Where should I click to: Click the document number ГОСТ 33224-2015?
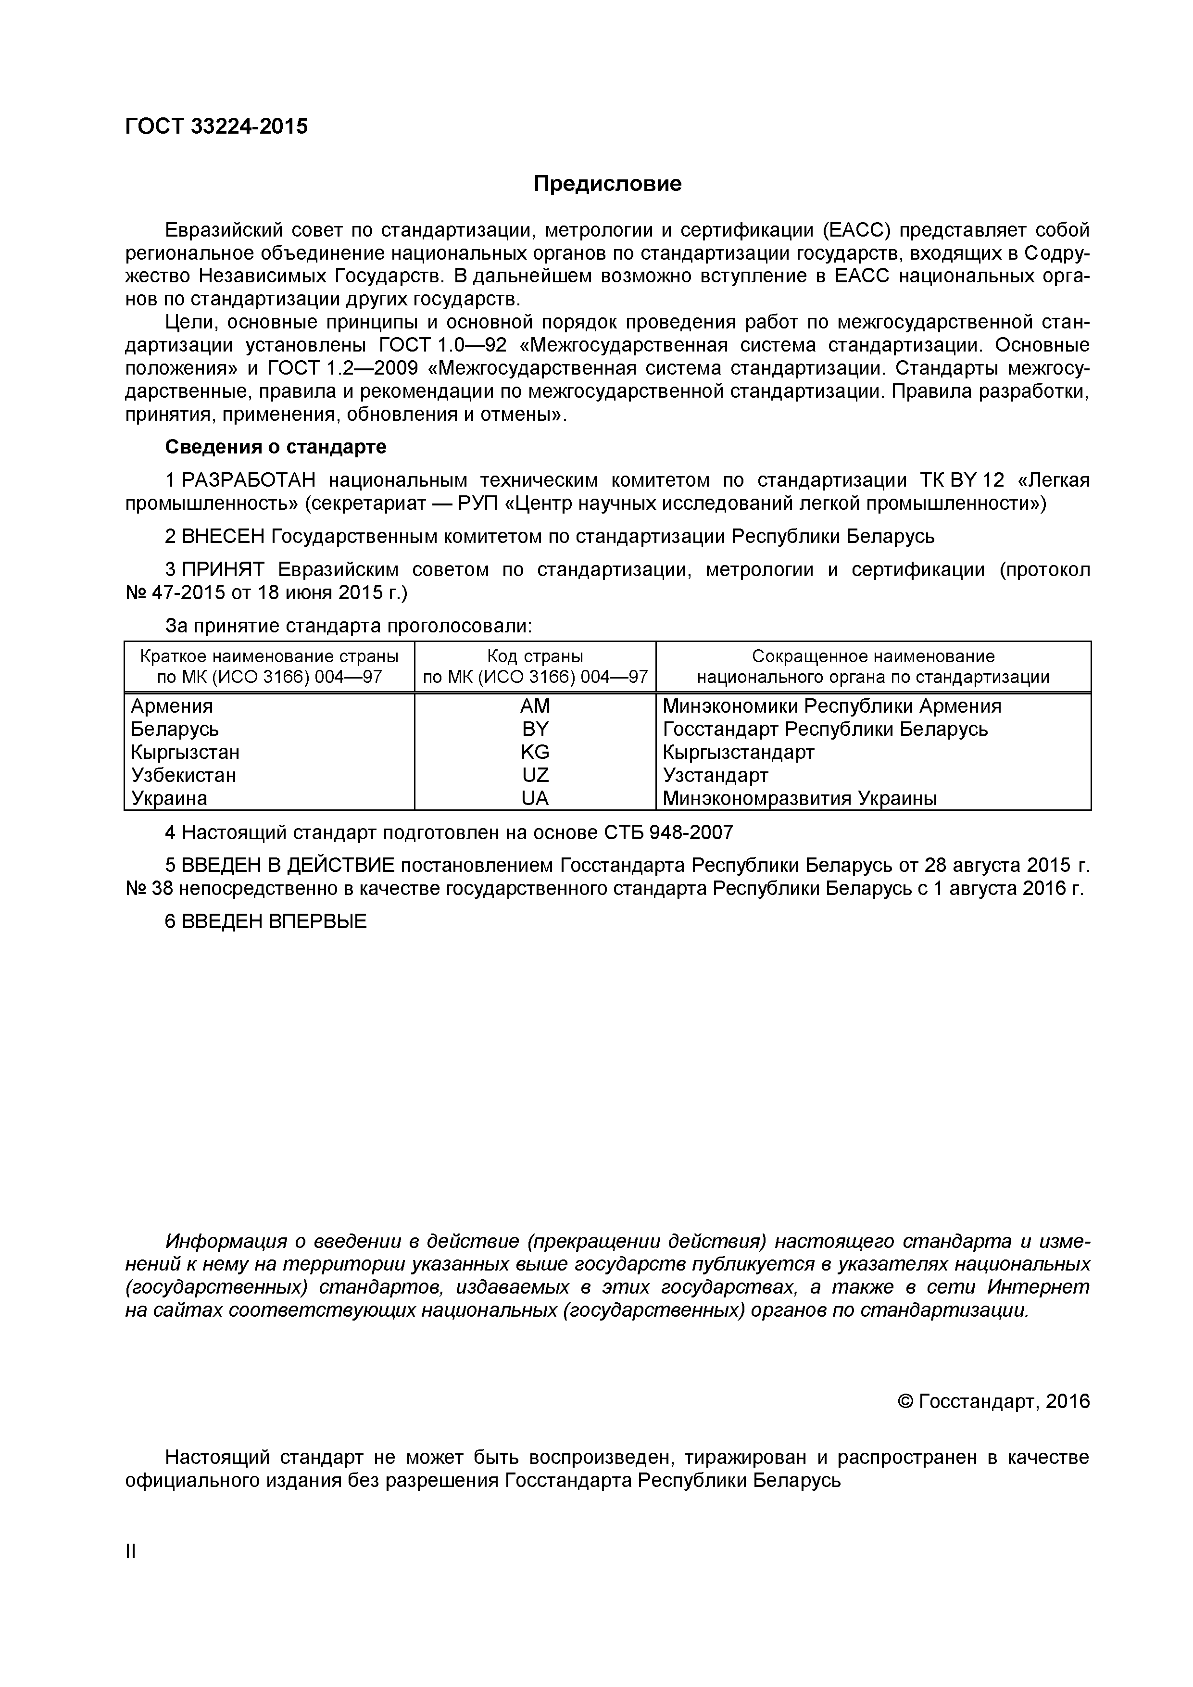(x=217, y=126)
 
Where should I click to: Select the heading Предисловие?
(x=607, y=184)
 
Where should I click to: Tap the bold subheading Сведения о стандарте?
(x=276, y=447)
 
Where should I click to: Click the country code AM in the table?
(x=534, y=706)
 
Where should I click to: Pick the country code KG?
(x=534, y=753)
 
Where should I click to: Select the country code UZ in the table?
(x=534, y=775)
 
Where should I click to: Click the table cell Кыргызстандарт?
(x=738, y=753)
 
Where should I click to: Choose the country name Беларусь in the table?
(x=175, y=729)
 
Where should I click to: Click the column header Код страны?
(x=534, y=656)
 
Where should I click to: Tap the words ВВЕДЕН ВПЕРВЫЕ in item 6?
(x=273, y=921)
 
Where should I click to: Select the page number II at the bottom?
(x=131, y=1551)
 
